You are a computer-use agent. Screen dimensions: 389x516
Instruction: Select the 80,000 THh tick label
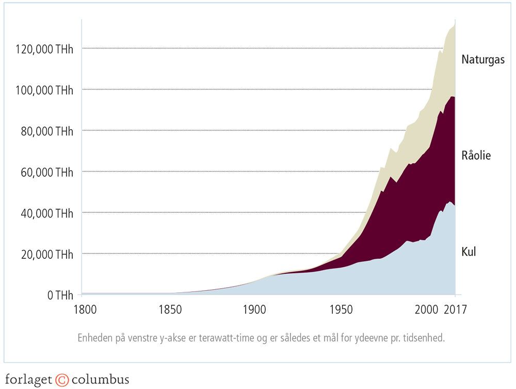point(45,131)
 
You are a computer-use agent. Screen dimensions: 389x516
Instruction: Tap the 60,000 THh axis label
point(45,172)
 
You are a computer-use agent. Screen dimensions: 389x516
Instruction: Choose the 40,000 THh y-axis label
point(45,213)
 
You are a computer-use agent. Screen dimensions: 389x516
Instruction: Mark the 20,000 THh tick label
point(45,254)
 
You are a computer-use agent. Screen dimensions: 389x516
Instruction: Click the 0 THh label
point(61,295)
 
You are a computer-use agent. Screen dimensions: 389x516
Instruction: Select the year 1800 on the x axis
point(83,310)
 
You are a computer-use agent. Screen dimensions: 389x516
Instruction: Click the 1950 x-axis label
point(340,310)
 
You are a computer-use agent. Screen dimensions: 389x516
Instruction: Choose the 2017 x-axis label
point(455,310)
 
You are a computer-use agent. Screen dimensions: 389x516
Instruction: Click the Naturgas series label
point(483,60)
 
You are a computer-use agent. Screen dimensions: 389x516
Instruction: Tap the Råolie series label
point(476,155)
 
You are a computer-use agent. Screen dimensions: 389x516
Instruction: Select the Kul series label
point(469,252)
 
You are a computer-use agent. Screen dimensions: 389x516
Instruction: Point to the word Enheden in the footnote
point(94,339)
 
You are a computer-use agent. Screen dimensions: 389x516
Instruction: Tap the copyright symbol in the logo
point(62,380)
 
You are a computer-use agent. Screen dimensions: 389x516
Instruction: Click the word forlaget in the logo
point(28,380)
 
